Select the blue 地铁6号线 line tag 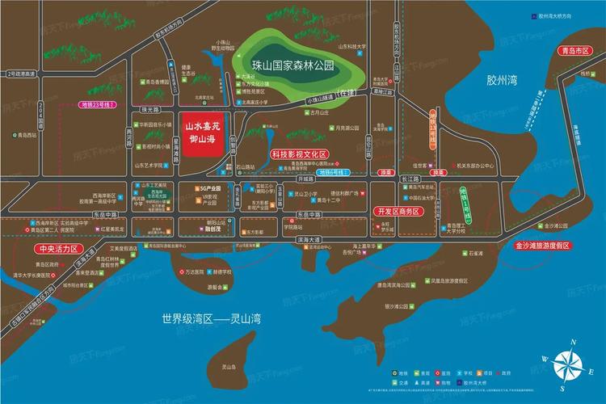[x=330, y=172]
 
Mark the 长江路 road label [x=410, y=179]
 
